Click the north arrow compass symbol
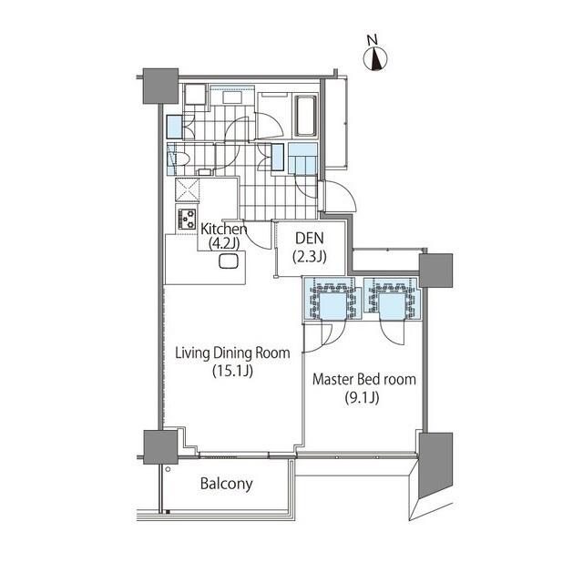[x=375, y=58]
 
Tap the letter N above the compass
[x=373, y=39]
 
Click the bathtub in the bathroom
[x=306, y=116]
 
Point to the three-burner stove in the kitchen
[x=187, y=219]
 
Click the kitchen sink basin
[x=229, y=261]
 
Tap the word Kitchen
[x=223, y=229]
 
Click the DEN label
[x=310, y=239]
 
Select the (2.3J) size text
[x=310, y=257]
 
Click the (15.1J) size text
[x=233, y=371]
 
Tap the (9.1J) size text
[x=362, y=397]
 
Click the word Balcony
[x=227, y=484]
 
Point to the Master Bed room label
[x=364, y=379]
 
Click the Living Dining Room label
[x=232, y=353]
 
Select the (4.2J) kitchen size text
[x=223, y=243]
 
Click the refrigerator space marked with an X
[x=188, y=190]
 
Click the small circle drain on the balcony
[x=168, y=469]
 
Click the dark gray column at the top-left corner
[x=160, y=86]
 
